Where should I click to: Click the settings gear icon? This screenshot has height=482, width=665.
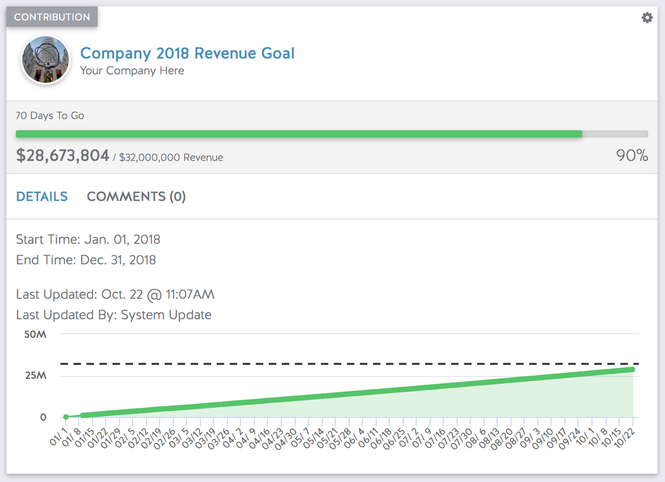[647, 18]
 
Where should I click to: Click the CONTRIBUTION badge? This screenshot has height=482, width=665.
[52, 17]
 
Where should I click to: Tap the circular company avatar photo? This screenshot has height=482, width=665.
[45, 60]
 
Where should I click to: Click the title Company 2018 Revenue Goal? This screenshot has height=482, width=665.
[187, 53]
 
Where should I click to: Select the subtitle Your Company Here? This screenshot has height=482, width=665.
[132, 70]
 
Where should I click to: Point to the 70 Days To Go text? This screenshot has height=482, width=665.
[50, 116]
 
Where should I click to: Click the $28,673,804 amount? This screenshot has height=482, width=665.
[63, 156]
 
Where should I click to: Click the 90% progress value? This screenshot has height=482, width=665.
[632, 156]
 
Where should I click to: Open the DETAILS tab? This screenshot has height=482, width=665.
[42, 196]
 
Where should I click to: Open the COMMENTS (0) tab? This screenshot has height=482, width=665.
[136, 196]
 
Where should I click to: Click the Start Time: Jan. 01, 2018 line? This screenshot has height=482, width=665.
[88, 240]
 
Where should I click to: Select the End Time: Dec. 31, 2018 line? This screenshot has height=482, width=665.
[86, 260]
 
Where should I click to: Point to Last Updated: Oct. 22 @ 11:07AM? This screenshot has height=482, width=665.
[115, 295]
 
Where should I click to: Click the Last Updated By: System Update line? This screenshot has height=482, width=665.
[114, 315]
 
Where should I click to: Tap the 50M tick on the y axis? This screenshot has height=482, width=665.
[35, 335]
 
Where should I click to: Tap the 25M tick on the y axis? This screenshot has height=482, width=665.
[35, 376]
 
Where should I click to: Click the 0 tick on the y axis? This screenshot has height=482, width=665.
[43, 417]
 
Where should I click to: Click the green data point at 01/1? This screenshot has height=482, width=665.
[66, 417]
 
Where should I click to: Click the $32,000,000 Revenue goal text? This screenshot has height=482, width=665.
[171, 158]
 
